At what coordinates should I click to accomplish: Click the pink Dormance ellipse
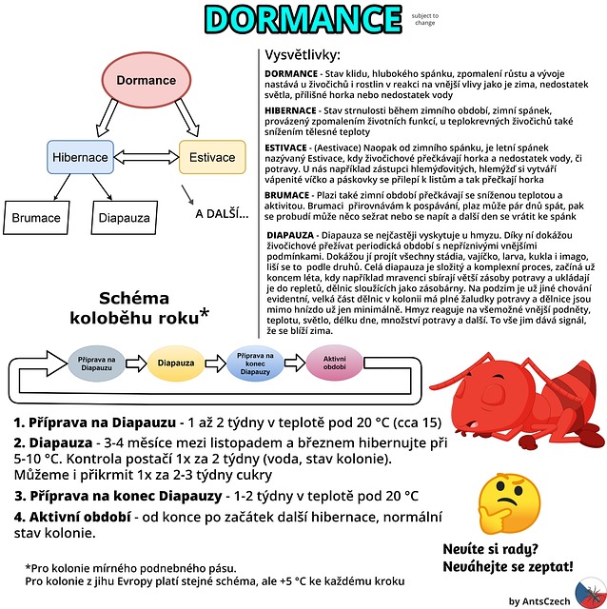click(x=147, y=80)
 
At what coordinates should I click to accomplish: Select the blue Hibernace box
click(x=80, y=157)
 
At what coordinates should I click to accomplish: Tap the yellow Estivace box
click(x=212, y=157)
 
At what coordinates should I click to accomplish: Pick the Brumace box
click(x=36, y=218)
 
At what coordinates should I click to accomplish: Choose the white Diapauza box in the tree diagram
click(x=125, y=218)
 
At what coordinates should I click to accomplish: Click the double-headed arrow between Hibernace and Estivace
click(x=147, y=157)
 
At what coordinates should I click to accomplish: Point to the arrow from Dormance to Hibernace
click(x=107, y=118)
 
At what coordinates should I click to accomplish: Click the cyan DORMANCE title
click(x=303, y=19)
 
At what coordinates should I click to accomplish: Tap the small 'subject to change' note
click(x=425, y=19)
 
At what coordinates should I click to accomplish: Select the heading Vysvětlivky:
click(x=303, y=55)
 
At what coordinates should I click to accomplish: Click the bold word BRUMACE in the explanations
click(x=287, y=195)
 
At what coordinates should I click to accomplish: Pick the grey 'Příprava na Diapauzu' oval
click(x=96, y=363)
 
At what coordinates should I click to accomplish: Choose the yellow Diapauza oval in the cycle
click(x=176, y=363)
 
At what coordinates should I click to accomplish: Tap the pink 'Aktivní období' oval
click(x=334, y=363)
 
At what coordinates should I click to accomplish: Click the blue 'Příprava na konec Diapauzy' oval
click(x=255, y=363)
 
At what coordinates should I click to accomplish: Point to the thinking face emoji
click(x=508, y=503)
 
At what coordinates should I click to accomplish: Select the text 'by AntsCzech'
click(x=539, y=601)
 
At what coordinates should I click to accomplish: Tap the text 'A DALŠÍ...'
click(x=222, y=214)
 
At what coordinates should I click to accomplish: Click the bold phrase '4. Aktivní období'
click(x=72, y=517)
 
